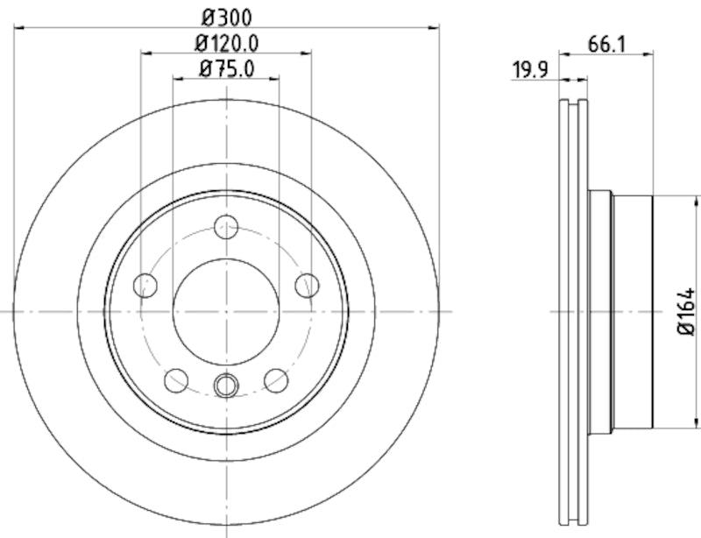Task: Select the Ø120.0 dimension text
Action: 226,42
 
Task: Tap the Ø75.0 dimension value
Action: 226,70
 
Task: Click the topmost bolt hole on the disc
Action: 226,226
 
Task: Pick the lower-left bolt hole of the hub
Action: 176,380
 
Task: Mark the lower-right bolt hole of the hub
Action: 277,380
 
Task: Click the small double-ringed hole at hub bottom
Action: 226,385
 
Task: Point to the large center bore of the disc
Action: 226,310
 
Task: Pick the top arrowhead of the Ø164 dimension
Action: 674,199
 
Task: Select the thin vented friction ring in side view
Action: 572,312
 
